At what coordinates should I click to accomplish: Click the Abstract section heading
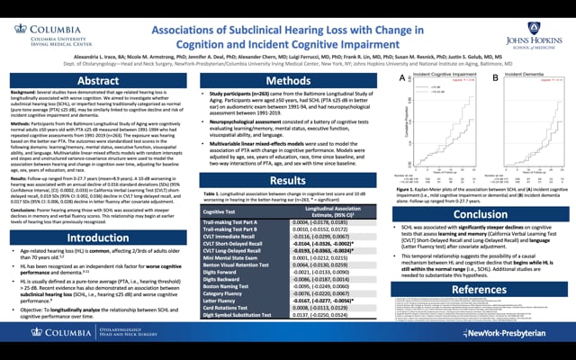98,81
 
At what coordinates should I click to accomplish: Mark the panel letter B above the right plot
495,78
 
